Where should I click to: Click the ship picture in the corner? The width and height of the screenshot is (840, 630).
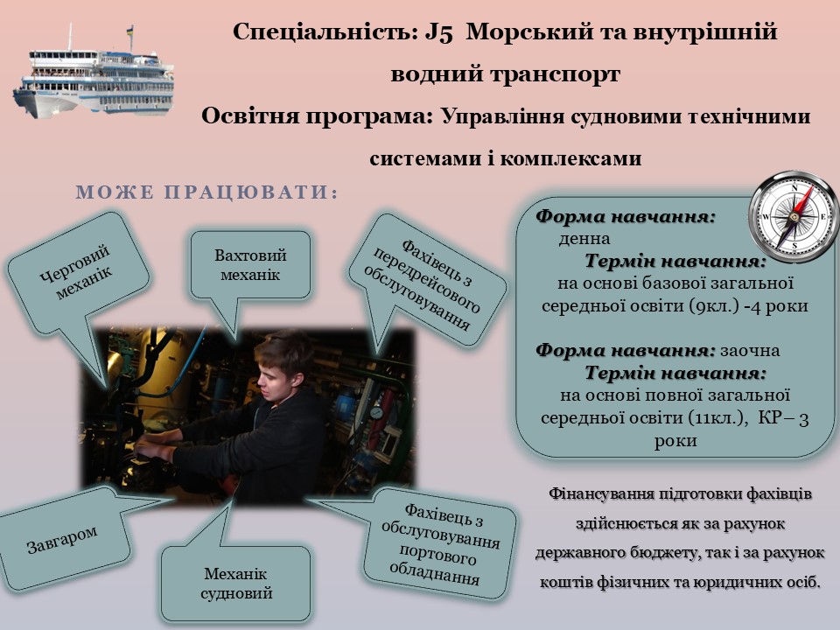(94, 73)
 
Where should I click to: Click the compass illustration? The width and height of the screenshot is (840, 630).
(793, 216)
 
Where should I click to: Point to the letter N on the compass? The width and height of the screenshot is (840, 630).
(795, 188)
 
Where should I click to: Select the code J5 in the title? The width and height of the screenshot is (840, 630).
(439, 32)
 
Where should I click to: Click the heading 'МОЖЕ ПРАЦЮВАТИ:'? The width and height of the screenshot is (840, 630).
(207, 192)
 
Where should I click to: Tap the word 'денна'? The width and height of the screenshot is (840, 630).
(584, 238)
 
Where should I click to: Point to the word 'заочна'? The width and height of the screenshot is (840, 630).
(750, 351)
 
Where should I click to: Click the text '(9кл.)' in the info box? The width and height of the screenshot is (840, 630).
(714, 306)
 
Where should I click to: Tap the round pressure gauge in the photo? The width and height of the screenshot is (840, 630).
(376, 412)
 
